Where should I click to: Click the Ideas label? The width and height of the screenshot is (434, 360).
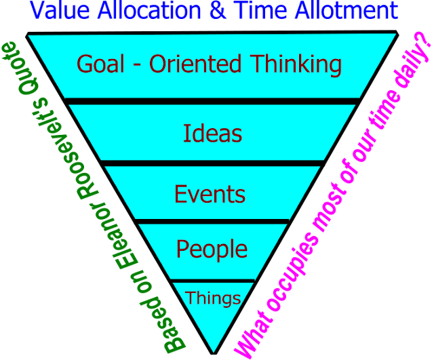(x=212, y=133)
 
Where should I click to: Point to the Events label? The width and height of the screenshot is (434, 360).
(x=210, y=194)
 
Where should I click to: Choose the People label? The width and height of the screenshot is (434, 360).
(x=212, y=249)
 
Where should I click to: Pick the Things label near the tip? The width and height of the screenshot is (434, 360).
(x=213, y=298)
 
